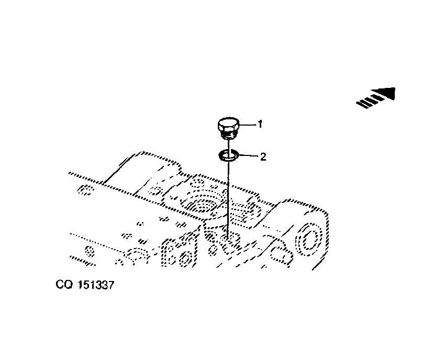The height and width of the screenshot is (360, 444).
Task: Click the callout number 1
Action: point(260,124)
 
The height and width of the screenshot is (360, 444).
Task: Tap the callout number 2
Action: point(263,156)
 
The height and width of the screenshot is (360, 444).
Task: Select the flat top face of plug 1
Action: point(228,122)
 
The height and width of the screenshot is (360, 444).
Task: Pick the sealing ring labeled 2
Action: point(228,155)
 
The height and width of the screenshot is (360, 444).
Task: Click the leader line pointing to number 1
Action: point(247,125)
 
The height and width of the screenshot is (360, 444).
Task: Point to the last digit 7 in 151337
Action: point(110,285)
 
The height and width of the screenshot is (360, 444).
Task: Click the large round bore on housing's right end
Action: point(308,239)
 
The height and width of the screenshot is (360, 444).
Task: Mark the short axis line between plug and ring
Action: point(228,144)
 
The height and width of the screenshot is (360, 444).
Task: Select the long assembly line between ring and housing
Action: point(228,198)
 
